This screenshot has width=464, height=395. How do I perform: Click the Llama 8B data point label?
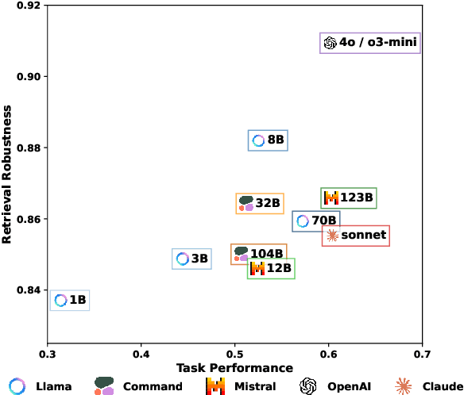pyautogui.click(x=268, y=140)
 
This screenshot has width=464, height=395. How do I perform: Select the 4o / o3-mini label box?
pyautogui.click(x=369, y=44)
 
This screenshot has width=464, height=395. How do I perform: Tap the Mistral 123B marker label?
pyautogui.click(x=349, y=198)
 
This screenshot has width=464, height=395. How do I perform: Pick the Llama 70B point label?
pyautogui.click(x=316, y=221)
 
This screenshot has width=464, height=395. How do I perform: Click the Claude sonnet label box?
pyautogui.click(x=355, y=236)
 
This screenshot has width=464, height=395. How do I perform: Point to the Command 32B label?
pyautogui.click(x=259, y=204)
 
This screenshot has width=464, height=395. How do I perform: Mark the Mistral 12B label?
pyautogui.click(x=271, y=269)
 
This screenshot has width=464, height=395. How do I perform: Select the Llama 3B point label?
pyautogui.click(x=192, y=259)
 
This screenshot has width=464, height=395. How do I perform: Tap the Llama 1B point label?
pyautogui.click(x=70, y=300)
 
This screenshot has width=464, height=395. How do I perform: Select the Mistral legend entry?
pyautogui.click(x=241, y=386)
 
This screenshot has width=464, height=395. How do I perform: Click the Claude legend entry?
pyautogui.click(x=424, y=386)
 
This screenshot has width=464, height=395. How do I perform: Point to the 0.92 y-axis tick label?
pyautogui.click(x=28, y=6)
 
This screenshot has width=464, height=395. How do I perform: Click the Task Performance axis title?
pyautogui.click(x=234, y=368)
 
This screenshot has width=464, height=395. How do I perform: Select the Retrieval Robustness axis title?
pyautogui.click(x=7, y=175)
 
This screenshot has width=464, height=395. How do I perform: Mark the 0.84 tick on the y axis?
pyautogui.click(x=28, y=290)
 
